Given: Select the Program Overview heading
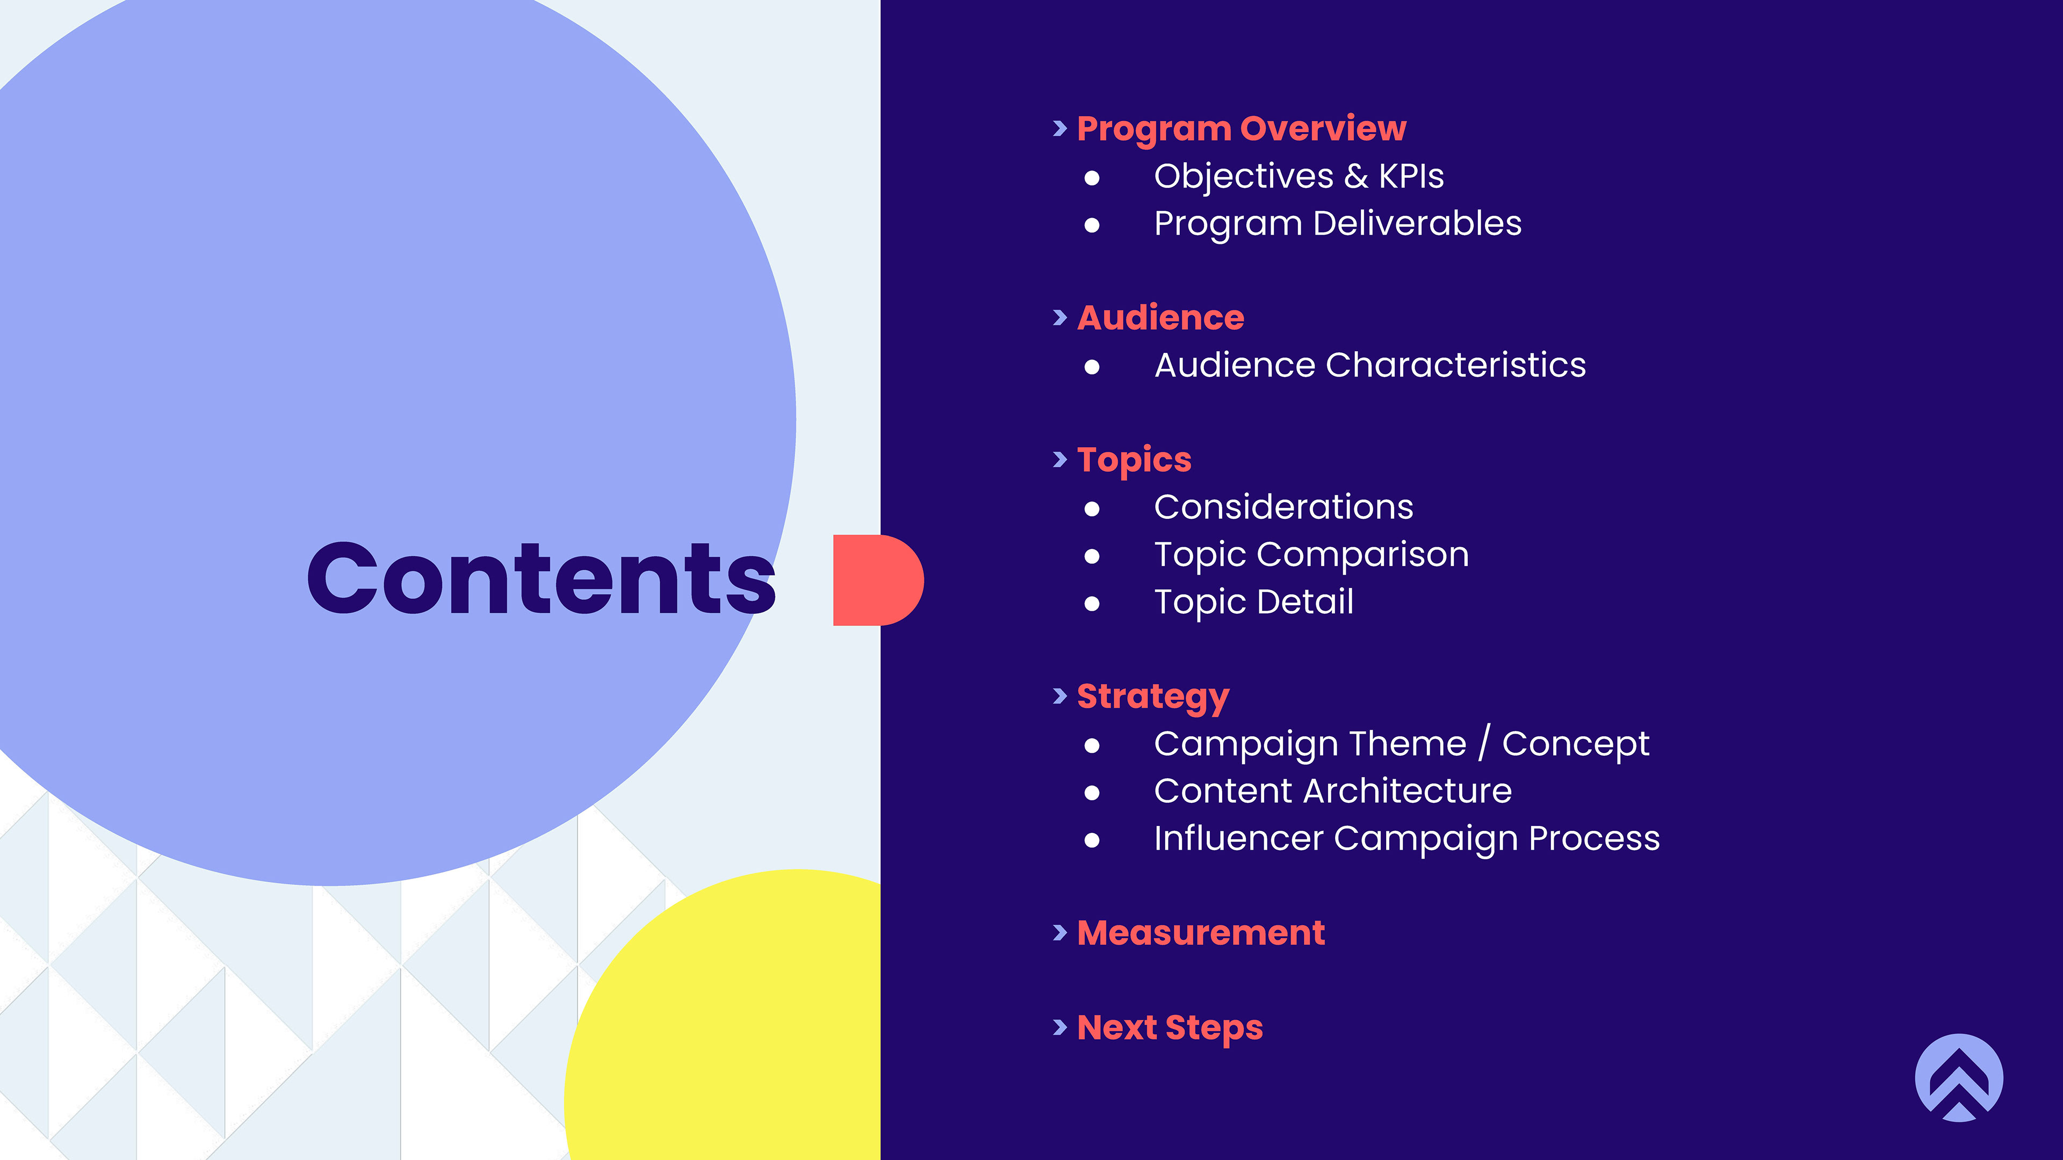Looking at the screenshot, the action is (1242, 129).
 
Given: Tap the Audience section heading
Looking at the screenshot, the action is (1160, 318).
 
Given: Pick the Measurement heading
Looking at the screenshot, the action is (1201, 933).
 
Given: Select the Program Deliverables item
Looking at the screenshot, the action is (1337, 223).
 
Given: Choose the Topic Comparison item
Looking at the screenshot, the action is (1311, 555).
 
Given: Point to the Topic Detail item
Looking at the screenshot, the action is (1253, 602).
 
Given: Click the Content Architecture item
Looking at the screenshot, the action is (1332, 791).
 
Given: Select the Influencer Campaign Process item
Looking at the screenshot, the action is (1406, 839).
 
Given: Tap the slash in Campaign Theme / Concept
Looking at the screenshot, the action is (1484, 742).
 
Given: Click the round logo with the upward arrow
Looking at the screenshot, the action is (1959, 1077).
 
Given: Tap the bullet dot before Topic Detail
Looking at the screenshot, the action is (1092, 604).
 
